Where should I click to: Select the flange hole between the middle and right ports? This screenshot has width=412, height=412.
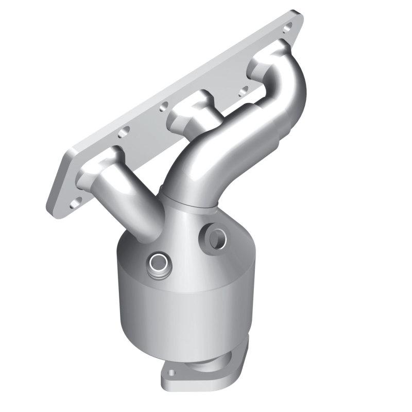243,92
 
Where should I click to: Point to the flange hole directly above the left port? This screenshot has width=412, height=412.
123,133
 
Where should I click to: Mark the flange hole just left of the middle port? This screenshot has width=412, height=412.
164,108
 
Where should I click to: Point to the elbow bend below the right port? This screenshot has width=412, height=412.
288,98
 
